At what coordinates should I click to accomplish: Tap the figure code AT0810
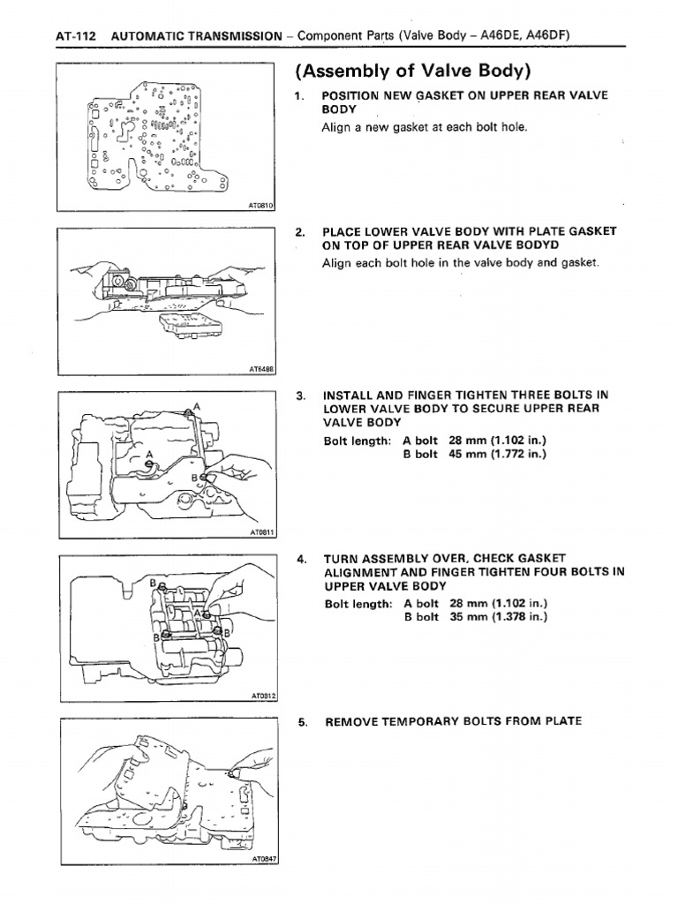point(262,205)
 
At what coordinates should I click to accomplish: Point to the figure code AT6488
point(262,368)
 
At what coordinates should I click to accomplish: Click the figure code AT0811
point(262,533)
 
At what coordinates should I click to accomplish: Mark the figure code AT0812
point(262,696)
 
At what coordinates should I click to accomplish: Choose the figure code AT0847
point(262,859)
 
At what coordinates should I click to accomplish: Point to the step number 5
point(302,721)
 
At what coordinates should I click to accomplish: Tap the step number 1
point(302,95)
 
